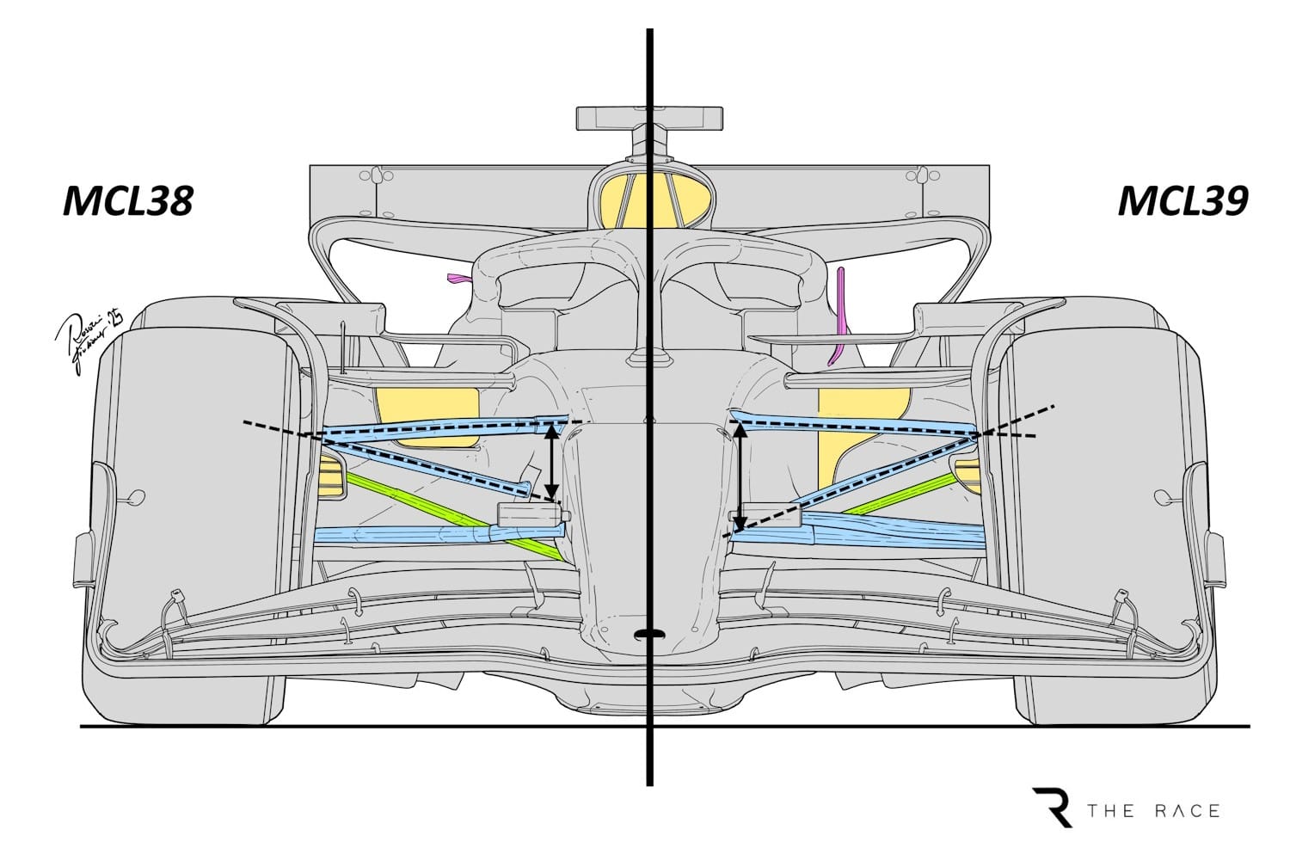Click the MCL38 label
(x=128, y=201)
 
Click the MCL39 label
(x=1182, y=201)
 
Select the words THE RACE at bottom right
(x=1153, y=811)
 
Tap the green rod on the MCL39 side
(x=903, y=494)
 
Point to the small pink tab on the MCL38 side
(x=459, y=279)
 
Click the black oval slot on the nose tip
(x=650, y=634)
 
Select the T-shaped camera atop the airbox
(x=649, y=119)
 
